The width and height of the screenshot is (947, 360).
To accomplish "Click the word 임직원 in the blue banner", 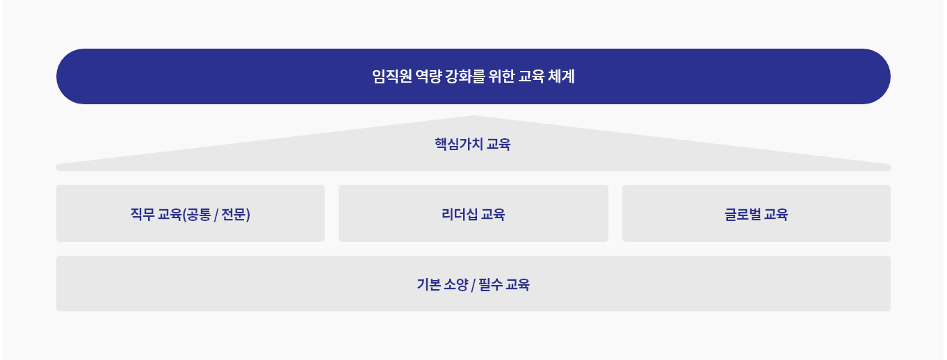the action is point(392,76).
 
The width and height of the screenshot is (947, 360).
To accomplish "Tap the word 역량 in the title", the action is point(429,76).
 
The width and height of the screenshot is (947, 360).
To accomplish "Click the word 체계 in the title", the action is point(561,76).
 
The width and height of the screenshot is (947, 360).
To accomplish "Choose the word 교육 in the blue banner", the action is point(531,76).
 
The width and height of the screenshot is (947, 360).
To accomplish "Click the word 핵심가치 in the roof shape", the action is point(459,144).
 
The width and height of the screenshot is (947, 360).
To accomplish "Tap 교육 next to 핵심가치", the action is point(499,144).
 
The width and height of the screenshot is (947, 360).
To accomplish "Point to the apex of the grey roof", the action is point(473,116).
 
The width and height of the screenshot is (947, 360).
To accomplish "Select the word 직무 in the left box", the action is point(143,214).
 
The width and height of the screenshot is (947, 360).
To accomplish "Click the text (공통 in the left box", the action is point(197,215).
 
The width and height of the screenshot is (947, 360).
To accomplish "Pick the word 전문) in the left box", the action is point(236,215).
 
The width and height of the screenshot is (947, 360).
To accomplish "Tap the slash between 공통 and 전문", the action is point(216,215).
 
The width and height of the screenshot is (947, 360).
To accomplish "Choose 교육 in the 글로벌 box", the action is point(776,214).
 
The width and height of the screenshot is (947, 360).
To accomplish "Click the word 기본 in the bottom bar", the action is point(429,284).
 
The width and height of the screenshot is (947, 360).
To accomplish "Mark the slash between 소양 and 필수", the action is point(473,285).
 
